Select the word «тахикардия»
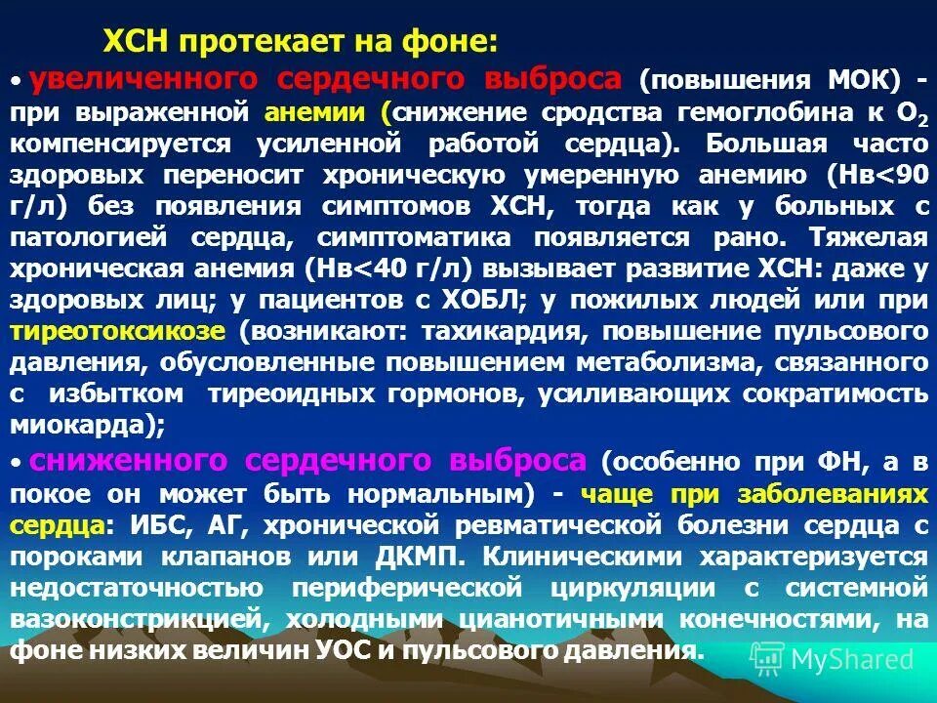point(503,330)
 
